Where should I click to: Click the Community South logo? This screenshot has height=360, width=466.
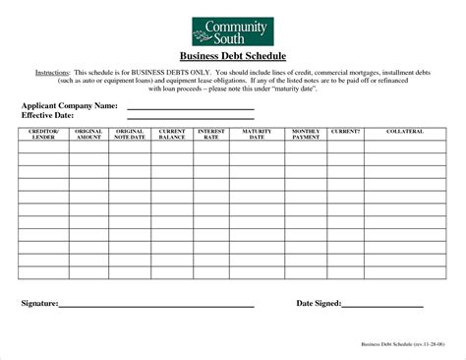(232, 30)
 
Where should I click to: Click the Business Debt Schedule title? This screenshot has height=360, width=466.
(233, 58)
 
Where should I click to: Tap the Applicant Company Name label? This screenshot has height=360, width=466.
(70, 105)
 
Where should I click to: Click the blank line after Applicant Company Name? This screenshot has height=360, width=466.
(191, 107)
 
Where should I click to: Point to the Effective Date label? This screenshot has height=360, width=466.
(49, 115)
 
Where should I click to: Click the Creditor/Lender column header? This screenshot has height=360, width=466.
(42, 134)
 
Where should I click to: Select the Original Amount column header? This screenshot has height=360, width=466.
(88, 134)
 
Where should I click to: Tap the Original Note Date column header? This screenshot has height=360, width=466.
(130, 134)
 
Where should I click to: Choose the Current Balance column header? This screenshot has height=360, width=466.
(172, 134)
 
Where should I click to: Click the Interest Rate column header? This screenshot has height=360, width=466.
(211, 134)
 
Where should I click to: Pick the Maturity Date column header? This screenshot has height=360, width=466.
(258, 134)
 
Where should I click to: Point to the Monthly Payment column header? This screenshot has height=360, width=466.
(306, 134)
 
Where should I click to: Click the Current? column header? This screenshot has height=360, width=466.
(345, 131)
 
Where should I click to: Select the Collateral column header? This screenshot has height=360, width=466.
(405, 131)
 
